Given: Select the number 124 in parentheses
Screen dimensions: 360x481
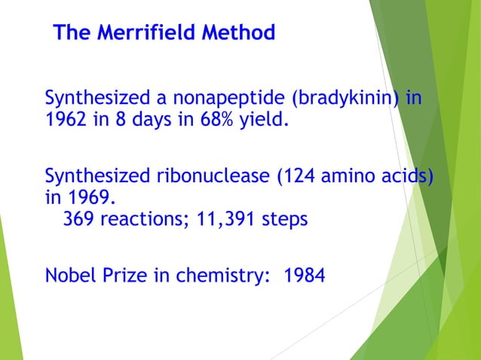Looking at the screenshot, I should click(299, 178).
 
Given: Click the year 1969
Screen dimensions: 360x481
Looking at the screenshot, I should click(96, 199).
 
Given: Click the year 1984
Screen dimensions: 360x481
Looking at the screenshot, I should click(305, 276).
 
